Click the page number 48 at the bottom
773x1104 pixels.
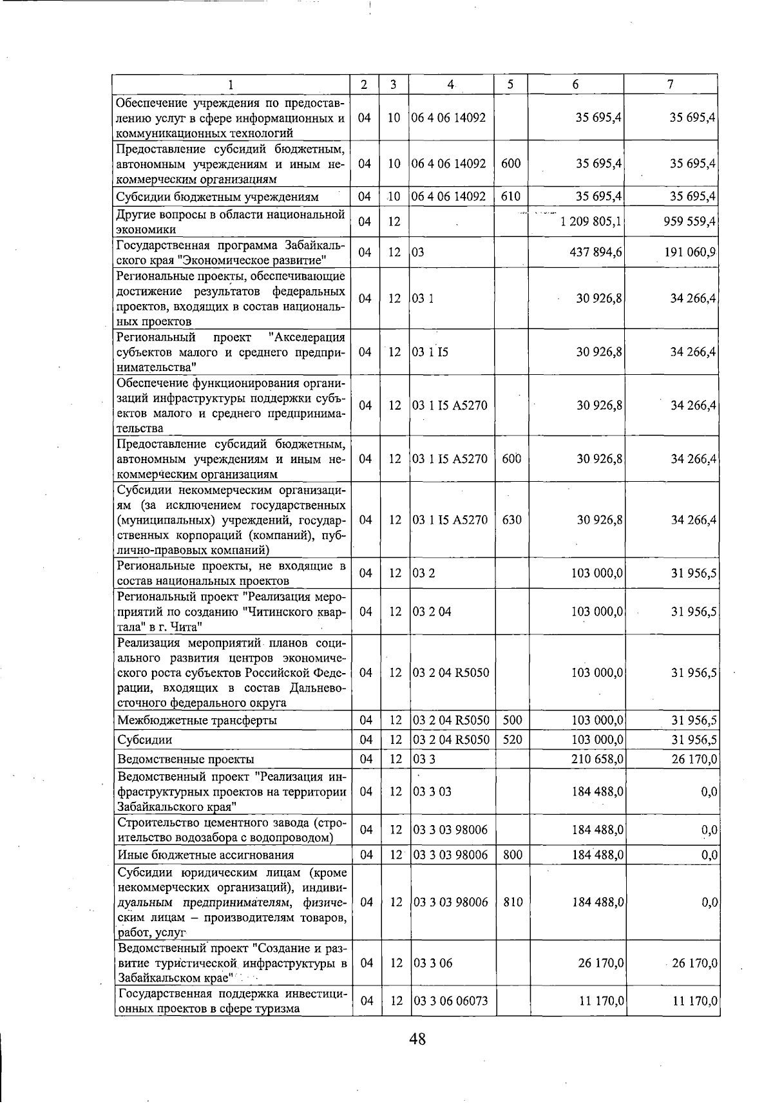(417, 1038)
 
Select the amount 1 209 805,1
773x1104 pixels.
(591, 222)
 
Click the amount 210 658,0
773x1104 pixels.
(597, 759)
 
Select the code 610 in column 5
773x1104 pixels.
(511, 196)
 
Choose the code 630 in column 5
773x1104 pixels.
(511, 520)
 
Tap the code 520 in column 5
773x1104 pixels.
(512, 739)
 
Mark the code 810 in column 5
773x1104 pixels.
(513, 902)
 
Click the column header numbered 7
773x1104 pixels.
(671, 84)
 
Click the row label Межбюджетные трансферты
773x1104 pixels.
(197, 720)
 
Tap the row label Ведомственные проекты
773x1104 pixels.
(186, 759)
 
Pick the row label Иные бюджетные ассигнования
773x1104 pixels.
(205, 855)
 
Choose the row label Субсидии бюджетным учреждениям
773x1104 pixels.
(218, 196)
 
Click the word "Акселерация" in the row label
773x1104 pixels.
(307, 338)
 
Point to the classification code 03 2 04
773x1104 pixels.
(432, 611)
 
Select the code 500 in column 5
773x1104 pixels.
(512, 720)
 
